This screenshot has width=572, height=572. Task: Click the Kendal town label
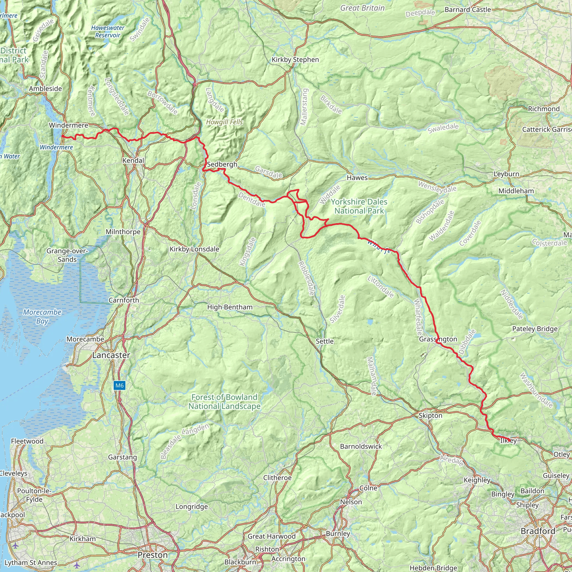click(x=133, y=161)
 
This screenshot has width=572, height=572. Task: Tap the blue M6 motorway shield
click(x=119, y=385)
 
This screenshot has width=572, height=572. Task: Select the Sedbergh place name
click(x=222, y=164)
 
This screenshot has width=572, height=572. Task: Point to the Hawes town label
click(x=357, y=178)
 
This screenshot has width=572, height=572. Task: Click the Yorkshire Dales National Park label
click(x=359, y=206)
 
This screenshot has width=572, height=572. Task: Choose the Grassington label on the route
click(x=438, y=339)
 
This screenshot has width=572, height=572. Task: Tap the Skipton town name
click(x=430, y=416)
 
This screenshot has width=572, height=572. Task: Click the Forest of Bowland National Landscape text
click(x=225, y=402)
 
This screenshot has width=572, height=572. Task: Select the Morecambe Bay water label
click(x=42, y=316)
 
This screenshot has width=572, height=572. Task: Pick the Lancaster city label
click(x=111, y=355)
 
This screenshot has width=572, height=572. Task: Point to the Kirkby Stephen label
click(x=295, y=60)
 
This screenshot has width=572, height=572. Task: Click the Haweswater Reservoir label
click(x=108, y=31)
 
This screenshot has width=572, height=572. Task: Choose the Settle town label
click(x=325, y=341)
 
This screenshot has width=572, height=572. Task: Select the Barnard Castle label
click(x=468, y=10)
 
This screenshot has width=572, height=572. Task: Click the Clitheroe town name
click(x=277, y=478)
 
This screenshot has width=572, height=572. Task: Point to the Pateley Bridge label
click(x=535, y=329)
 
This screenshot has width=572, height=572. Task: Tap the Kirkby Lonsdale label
click(x=194, y=249)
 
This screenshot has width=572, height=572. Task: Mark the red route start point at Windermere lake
click(x=63, y=136)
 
